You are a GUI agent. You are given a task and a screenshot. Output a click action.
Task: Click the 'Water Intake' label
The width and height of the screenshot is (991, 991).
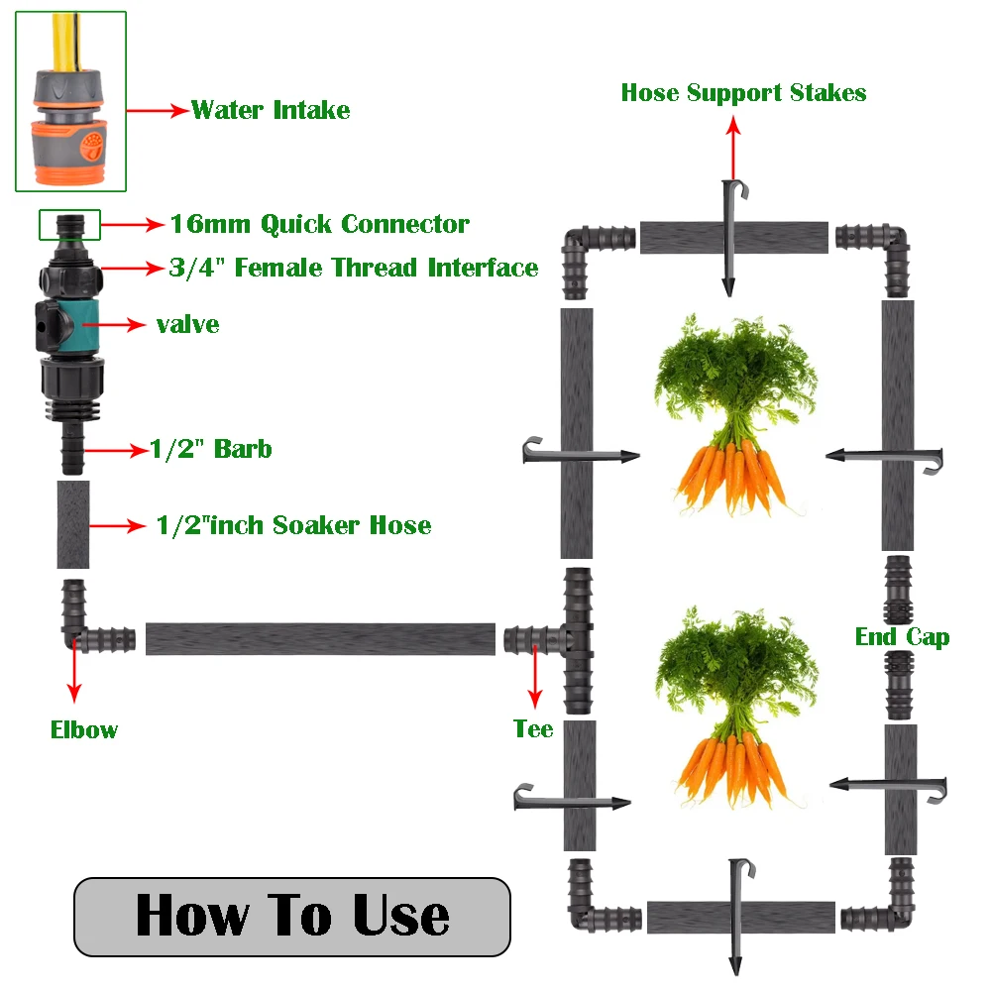(x=271, y=110)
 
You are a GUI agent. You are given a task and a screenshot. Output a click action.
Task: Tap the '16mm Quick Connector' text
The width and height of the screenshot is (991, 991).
(x=320, y=224)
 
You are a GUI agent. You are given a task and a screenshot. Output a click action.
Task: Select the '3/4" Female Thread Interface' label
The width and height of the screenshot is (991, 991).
(x=354, y=268)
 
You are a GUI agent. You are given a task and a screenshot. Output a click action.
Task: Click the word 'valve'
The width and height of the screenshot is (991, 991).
(x=187, y=325)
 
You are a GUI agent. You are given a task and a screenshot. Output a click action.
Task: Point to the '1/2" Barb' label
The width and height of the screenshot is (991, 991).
(x=211, y=449)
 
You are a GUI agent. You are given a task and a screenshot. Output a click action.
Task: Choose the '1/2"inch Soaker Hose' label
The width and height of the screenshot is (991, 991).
(x=294, y=525)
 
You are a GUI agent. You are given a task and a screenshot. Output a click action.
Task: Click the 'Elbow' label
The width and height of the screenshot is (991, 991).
(x=84, y=730)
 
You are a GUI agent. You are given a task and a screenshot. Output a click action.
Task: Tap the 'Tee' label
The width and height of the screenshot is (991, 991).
(x=533, y=728)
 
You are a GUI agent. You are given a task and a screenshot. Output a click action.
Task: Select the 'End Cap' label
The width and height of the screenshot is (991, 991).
(x=902, y=637)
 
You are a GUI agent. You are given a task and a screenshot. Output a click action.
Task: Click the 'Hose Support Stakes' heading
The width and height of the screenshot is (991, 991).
(x=743, y=93)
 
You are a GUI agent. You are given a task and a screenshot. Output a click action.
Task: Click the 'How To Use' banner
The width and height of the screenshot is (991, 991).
(x=292, y=917)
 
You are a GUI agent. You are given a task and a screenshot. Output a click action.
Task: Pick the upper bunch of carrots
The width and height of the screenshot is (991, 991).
(x=735, y=414)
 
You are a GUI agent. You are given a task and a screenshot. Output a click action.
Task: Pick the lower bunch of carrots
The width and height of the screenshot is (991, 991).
(x=736, y=707)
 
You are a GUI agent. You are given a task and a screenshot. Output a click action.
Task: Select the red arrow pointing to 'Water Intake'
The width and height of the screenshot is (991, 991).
(x=158, y=111)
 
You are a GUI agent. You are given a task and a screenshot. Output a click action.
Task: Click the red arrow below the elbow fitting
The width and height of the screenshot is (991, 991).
(x=74, y=670)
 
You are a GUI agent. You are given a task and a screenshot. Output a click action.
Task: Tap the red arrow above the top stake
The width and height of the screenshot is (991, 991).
(x=733, y=150)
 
